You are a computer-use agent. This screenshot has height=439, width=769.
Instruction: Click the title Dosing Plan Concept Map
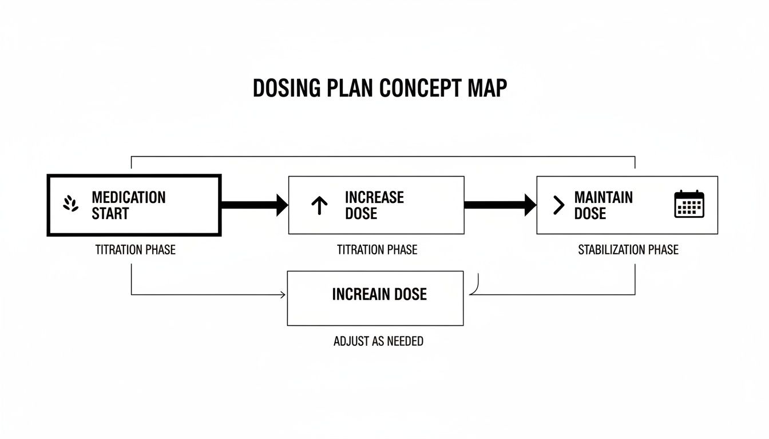pyautogui.click(x=379, y=89)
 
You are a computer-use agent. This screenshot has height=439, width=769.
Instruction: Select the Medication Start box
pyautogui.click(x=134, y=205)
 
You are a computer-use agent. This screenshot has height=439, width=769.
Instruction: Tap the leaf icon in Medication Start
pyautogui.click(x=71, y=204)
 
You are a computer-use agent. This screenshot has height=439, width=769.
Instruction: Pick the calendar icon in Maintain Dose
pyautogui.click(x=689, y=204)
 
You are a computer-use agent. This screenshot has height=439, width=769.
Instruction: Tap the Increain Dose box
pyautogui.click(x=375, y=298)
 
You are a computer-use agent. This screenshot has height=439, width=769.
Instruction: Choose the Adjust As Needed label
pyautogui.click(x=378, y=341)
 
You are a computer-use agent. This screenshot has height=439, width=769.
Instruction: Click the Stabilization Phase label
pyautogui.click(x=628, y=249)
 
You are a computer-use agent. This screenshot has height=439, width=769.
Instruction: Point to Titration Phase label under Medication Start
pyautogui.click(x=135, y=249)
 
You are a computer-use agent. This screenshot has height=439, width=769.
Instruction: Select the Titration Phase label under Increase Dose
pyautogui.click(x=376, y=249)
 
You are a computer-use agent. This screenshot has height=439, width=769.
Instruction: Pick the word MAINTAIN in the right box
pyautogui.click(x=603, y=197)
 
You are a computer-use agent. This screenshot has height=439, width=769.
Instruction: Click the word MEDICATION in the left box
pyautogui.click(x=128, y=197)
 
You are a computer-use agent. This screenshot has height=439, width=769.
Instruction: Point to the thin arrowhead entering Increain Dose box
pyautogui.click(x=283, y=294)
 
